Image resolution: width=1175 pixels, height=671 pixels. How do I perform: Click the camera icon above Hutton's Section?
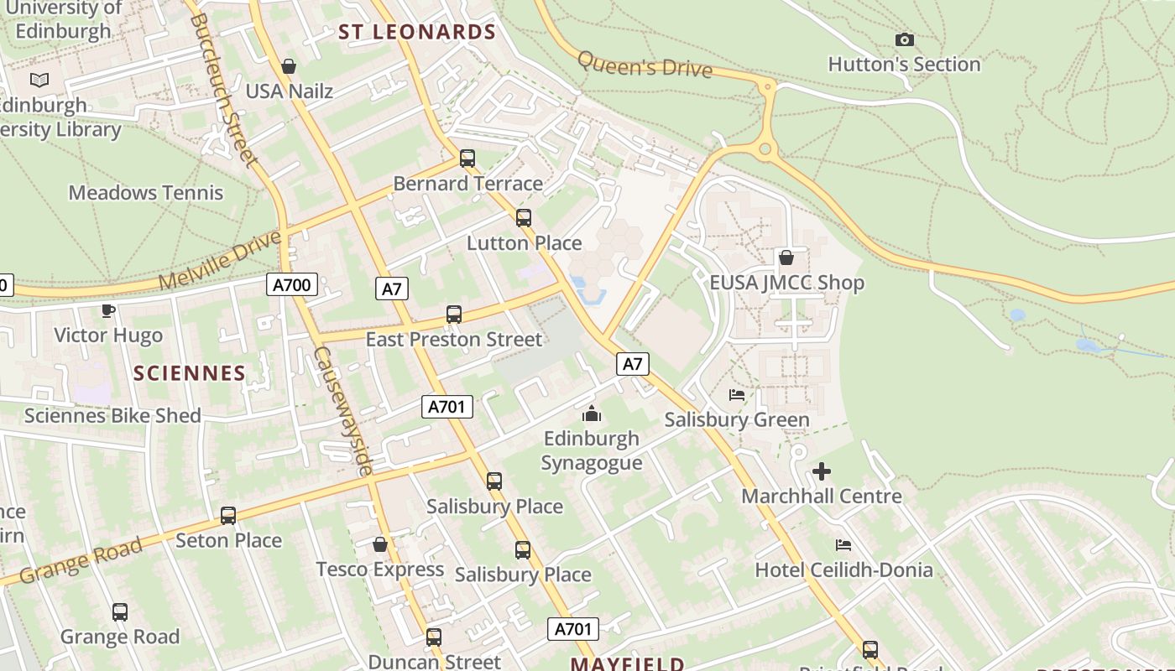(904, 39)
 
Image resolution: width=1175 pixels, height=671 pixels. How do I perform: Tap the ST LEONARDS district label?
(417, 33)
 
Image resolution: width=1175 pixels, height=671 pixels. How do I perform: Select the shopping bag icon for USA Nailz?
(289, 66)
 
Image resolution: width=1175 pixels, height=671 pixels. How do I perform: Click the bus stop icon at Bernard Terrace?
(467, 159)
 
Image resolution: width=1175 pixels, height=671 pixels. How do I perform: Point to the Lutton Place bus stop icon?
(524, 218)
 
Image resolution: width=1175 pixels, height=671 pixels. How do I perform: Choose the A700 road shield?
(292, 285)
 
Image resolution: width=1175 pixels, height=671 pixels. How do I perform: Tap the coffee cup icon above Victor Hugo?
(107, 311)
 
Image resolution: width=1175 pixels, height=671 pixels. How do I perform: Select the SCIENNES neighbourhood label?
(190, 373)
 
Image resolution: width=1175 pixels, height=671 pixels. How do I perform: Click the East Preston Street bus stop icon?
(454, 315)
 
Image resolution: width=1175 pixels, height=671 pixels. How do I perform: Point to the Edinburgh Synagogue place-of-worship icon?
(592, 414)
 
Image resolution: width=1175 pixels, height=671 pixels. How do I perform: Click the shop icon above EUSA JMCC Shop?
(786, 257)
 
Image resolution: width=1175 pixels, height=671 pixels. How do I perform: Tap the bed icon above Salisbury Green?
(737, 394)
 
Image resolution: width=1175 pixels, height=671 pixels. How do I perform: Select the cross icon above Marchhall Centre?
(822, 471)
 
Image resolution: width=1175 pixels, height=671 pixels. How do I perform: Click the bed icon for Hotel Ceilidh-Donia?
(843, 545)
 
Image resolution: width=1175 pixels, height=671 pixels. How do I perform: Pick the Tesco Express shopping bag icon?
(380, 545)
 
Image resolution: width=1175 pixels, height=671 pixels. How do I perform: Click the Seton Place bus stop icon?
(228, 515)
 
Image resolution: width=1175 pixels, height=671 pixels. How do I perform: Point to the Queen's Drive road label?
(645, 65)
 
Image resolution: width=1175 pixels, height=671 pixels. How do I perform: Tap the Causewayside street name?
(342, 411)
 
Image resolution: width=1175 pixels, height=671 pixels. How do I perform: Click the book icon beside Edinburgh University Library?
(39, 80)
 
